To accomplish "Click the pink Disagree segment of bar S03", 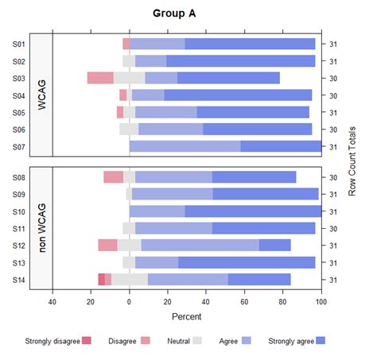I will tap(100, 78).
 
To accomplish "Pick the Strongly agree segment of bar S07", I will tap(281, 146).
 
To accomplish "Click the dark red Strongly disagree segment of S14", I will tap(101, 279).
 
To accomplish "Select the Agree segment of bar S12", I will tap(200, 245).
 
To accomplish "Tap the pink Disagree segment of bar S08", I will tap(113, 177).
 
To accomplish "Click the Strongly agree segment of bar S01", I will tap(250, 44).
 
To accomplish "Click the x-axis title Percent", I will tap(187, 316).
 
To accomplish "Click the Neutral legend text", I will tap(179, 340).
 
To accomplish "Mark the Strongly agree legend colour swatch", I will tap(321, 340).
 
